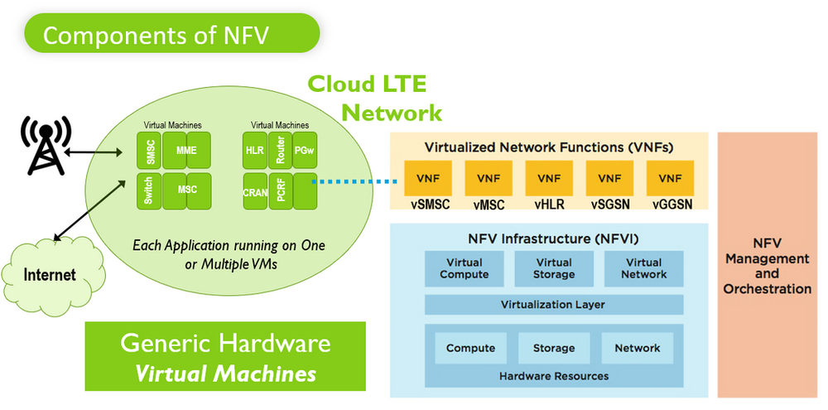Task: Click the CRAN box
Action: (254, 191)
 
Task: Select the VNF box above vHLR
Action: (549, 178)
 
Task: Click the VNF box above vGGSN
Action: (671, 178)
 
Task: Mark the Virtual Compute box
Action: (464, 268)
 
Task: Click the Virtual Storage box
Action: (554, 268)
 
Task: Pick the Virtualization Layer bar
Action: (553, 305)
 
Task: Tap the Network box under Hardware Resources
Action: (638, 348)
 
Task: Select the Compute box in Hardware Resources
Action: (470, 348)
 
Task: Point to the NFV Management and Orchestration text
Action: (767, 267)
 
